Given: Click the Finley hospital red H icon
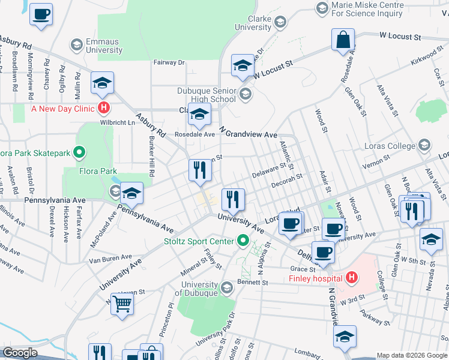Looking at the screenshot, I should pyautogui.click(x=352, y=278).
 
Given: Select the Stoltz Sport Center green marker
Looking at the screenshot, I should pyautogui.click(x=243, y=241).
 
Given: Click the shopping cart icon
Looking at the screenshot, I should pyautogui.click(x=122, y=305).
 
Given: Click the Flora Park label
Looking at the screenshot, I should pyautogui.click(x=98, y=171).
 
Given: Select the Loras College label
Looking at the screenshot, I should pyautogui.click(x=390, y=146).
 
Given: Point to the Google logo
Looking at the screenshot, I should pyautogui.click(x=20, y=352).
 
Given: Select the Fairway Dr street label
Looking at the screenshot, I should pyautogui.click(x=169, y=62).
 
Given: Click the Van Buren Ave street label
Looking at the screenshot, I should pyautogui.click(x=109, y=259).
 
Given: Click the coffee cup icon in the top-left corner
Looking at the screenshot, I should pyautogui.click(x=41, y=14).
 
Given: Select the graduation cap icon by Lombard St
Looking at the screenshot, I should pyautogui.click(x=345, y=336).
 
